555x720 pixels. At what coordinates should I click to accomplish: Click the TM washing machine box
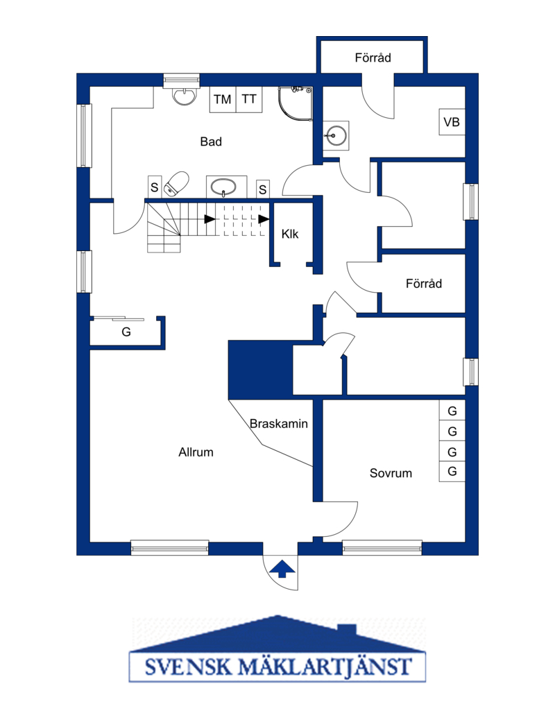click(x=223, y=99)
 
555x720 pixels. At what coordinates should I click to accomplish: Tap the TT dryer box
click(x=249, y=99)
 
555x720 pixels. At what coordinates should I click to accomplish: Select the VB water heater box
click(x=452, y=121)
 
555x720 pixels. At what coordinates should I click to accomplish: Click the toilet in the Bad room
click(x=176, y=184)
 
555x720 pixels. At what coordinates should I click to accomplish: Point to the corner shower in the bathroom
click(x=296, y=103)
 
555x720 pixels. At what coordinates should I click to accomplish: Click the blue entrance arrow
click(x=282, y=569)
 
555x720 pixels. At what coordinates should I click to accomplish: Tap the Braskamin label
click(x=278, y=423)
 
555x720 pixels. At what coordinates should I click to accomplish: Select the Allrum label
click(x=196, y=452)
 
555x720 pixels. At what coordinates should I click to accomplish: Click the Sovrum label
click(x=391, y=473)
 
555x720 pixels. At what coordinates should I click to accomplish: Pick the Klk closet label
click(x=290, y=234)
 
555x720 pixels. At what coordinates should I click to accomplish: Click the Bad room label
click(x=211, y=142)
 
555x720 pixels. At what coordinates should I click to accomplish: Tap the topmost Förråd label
click(x=373, y=58)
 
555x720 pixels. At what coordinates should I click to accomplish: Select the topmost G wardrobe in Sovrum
click(x=452, y=411)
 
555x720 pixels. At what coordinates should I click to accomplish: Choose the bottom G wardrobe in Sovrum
click(x=452, y=472)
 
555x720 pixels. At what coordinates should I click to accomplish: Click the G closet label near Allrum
click(x=126, y=332)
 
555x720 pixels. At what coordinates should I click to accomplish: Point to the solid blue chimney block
click(x=260, y=370)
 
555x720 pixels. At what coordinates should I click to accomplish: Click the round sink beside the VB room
click(x=336, y=135)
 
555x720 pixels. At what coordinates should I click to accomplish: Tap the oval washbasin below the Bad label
click(x=223, y=187)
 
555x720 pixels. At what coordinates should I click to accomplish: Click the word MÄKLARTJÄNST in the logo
click(x=325, y=667)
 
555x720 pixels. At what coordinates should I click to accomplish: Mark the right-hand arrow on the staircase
click(x=264, y=219)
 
